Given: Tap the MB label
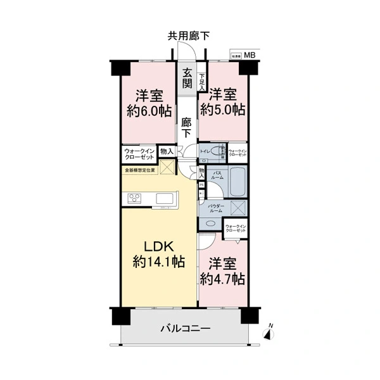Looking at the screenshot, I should [x=251, y=56].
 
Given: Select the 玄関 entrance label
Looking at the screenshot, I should [x=187, y=78].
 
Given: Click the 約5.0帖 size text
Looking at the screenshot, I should [x=222, y=109].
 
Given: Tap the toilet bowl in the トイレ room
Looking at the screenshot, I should [x=217, y=151].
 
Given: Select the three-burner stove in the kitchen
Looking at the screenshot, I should [x=136, y=199].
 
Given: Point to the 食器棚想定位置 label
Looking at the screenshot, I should [x=139, y=170].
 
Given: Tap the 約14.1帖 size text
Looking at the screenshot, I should [x=158, y=262].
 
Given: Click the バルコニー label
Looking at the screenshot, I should [x=185, y=328].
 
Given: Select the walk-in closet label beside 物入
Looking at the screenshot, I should [x=139, y=155].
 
